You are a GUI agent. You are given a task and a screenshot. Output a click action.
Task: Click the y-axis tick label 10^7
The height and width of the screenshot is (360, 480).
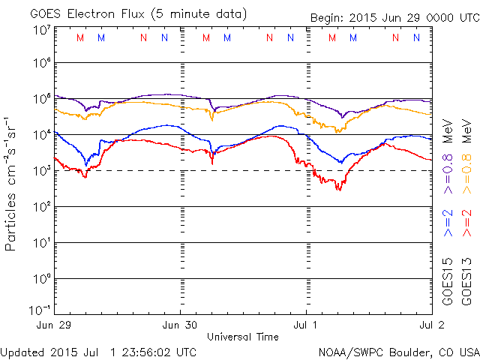tap(41, 30)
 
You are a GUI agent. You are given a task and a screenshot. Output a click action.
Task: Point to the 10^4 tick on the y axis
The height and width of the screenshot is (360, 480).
tap(41, 134)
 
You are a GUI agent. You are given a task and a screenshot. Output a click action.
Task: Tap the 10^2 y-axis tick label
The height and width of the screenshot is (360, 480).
tap(41, 206)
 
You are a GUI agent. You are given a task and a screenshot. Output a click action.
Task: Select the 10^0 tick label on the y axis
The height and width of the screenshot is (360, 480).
tap(41, 278)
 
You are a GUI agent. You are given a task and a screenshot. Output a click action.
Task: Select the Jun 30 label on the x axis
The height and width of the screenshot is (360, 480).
tap(180, 325)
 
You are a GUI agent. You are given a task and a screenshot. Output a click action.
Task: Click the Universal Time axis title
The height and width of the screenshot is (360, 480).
tap(242, 337)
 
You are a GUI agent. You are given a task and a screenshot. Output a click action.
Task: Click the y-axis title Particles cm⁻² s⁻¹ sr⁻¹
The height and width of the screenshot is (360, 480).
tap(12, 182)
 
